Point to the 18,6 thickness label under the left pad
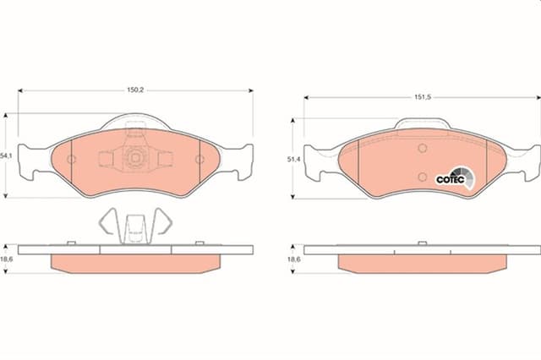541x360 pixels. point(7,260)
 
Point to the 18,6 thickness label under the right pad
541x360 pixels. point(293,260)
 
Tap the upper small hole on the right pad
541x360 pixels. point(422,149)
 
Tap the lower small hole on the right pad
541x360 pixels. point(422,176)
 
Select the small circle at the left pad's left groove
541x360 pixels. point(72,161)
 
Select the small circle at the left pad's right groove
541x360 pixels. point(199,161)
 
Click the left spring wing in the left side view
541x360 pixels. point(107,221)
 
